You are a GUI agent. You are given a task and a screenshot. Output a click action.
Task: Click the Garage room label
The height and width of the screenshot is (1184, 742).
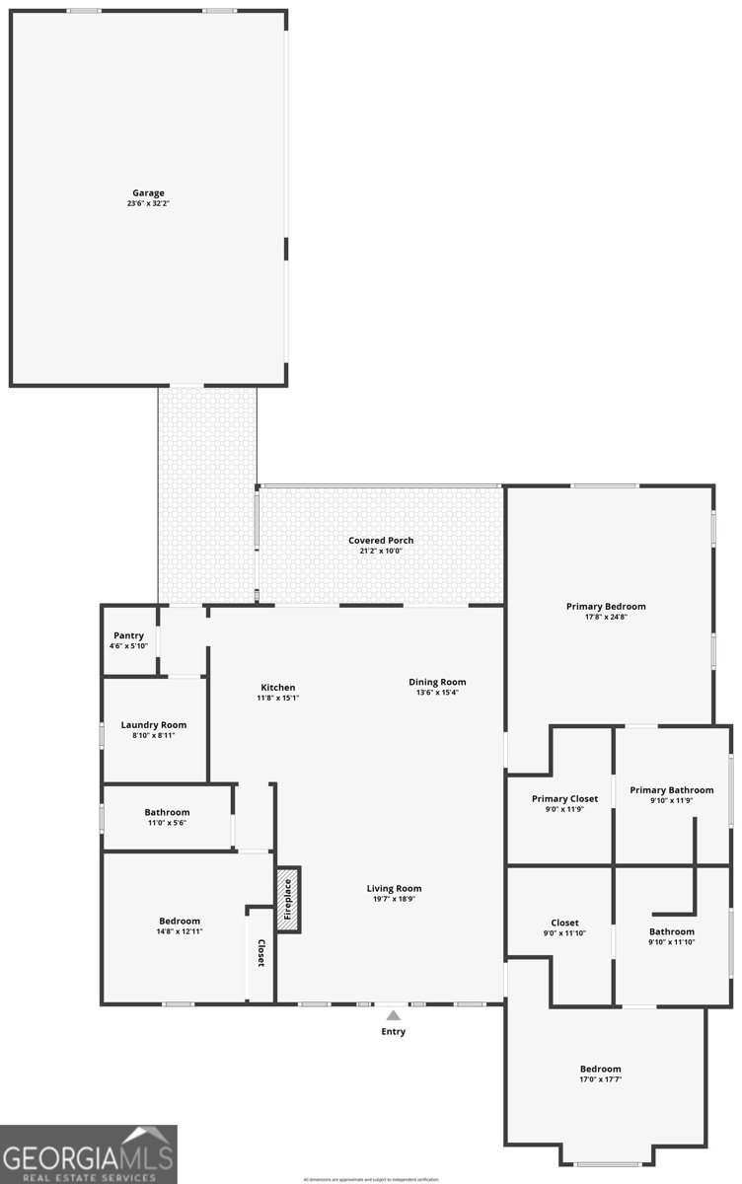coord(148,193)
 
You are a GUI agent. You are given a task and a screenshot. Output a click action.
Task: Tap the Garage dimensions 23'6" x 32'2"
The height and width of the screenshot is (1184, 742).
coord(148,204)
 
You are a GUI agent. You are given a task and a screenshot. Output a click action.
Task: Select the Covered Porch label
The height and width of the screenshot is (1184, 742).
coord(381,541)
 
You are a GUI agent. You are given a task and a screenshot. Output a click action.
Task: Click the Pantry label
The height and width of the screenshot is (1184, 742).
coord(128,635)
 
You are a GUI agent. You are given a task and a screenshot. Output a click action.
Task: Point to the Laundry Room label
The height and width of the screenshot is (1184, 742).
coord(153,725)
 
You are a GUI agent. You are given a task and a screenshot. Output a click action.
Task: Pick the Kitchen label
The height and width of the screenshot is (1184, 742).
coord(277,688)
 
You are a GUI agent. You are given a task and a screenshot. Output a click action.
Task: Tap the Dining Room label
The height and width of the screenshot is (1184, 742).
coord(437,682)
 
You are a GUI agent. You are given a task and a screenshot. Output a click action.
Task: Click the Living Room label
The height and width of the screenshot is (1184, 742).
coord(394,888)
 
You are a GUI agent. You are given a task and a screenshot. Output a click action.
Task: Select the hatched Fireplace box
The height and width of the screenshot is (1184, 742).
coord(288,899)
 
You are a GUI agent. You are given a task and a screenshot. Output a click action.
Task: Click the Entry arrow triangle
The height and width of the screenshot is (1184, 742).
coord(394,1014)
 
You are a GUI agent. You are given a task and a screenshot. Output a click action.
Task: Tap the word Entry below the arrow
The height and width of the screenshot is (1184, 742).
coord(394,1032)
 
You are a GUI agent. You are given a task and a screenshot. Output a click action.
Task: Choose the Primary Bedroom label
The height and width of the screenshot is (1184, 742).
coord(606,606)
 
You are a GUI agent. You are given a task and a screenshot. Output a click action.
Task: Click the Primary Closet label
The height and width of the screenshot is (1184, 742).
coord(564,799)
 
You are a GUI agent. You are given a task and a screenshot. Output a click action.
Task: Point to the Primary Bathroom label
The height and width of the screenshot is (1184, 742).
coord(672,790)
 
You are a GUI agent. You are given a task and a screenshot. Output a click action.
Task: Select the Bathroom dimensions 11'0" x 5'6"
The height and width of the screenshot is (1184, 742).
coord(167,823)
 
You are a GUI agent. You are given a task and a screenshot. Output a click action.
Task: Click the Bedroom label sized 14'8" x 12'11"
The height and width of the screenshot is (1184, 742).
coord(179,921)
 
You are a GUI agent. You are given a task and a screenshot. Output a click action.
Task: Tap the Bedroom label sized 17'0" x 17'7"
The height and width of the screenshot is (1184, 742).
coord(600,1069)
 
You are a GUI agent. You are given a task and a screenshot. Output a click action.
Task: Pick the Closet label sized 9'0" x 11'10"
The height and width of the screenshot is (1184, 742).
coord(564,923)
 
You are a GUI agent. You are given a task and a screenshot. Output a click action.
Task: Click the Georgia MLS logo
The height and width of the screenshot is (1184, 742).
coord(89,1154)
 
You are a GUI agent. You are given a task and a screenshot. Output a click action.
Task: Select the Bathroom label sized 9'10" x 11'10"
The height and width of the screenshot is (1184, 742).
coord(672,931)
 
